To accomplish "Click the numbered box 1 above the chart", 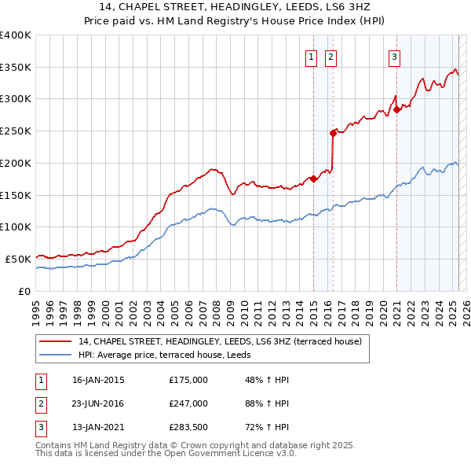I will coord(312,57).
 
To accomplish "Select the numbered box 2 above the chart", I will coord(330,57).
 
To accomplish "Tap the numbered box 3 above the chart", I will coord(393,57).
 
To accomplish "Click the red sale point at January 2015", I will coord(313,179).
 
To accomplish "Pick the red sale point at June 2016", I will coord(334,132).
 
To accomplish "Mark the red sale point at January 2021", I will coord(397,109).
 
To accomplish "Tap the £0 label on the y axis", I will coord(24,291).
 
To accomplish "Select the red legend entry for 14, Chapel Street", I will coord(220,341).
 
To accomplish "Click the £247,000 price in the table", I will coord(188,404).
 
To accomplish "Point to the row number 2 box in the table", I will coord(40,404).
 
